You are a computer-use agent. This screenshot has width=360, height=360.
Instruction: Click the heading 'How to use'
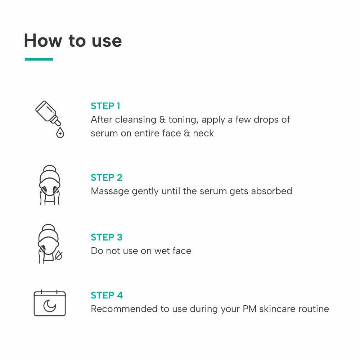tap(73, 41)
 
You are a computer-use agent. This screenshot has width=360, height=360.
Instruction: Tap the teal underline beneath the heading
tap(39, 59)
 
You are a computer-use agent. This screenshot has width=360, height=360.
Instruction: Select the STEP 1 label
tap(105, 106)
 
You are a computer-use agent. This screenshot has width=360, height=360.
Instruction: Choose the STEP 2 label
tap(107, 177)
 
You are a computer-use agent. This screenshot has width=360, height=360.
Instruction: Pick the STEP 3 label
tap(107, 237)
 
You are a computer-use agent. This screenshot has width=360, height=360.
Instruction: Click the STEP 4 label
tap(107, 295)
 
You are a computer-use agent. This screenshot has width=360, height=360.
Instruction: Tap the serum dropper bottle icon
tap(48, 113)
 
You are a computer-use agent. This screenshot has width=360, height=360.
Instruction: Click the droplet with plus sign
tap(60, 133)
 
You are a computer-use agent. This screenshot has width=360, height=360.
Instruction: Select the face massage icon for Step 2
tap(50, 185)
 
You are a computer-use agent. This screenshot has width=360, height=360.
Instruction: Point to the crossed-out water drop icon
tap(58, 255)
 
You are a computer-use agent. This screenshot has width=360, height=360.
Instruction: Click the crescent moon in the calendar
tap(50, 306)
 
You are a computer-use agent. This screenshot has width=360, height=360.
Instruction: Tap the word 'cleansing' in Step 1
tap(136, 120)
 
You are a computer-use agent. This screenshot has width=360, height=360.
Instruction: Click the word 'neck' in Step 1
tap(203, 133)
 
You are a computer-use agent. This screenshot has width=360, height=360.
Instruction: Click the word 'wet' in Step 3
tap(162, 251)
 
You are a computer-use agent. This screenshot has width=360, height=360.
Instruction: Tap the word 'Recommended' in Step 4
tap(124, 309)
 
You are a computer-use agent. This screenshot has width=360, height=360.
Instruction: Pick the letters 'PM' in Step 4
tap(249, 309)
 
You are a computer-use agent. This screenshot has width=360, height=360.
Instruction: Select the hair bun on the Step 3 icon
tap(49, 228)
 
